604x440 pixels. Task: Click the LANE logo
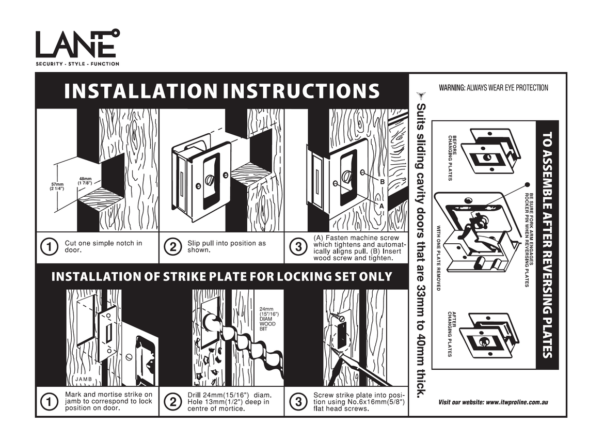76,44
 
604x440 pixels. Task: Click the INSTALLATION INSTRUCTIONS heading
222,91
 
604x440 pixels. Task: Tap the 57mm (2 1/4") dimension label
57,187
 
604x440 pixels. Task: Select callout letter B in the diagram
383,182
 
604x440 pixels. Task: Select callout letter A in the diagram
382,205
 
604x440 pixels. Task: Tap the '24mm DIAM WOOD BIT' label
267,320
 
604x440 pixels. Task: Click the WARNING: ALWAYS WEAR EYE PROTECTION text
493,88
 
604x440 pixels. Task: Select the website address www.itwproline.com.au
493,402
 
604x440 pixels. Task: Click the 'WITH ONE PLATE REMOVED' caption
438,258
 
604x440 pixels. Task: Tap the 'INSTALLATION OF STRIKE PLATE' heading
222,276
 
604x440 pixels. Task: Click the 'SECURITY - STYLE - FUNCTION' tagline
77,64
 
